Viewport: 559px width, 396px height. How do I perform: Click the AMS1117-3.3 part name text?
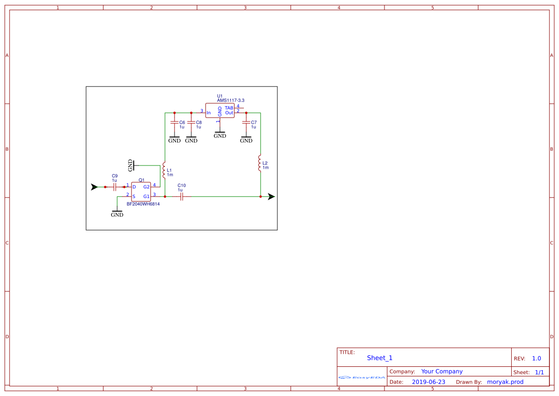pyautogui.click(x=230, y=100)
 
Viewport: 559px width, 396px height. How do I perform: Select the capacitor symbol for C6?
pyautogui.click(x=175, y=123)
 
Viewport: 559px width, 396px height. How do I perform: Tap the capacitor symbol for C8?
pyautogui.click(x=191, y=123)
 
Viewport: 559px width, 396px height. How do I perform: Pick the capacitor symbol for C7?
pyautogui.click(x=246, y=123)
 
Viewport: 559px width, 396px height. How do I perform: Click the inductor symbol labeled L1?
pyautogui.click(x=164, y=170)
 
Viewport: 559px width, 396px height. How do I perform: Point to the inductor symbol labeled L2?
pyautogui.click(x=260, y=164)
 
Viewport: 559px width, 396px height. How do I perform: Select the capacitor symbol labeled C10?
pyautogui.click(x=181, y=196)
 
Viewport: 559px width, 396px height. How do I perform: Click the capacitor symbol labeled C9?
pyautogui.click(x=115, y=187)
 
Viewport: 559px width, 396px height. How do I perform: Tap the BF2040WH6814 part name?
pyautogui.click(x=143, y=204)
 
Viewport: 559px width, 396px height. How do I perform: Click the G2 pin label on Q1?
pyautogui.click(x=146, y=187)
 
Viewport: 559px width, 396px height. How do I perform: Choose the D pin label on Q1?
pyautogui.click(x=134, y=187)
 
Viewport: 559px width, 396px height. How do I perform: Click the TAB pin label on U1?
pyautogui.click(x=229, y=108)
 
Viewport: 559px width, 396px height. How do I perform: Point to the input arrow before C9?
pyautogui.click(x=95, y=187)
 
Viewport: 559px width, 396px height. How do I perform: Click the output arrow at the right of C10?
pyautogui.click(x=271, y=196)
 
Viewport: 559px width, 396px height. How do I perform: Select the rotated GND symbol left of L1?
pyautogui.click(x=132, y=165)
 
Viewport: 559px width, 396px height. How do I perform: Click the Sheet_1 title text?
pyautogui.click(x=380, y=358)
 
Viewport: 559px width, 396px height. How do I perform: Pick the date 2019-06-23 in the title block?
pyautogui.click(x=428, y=382)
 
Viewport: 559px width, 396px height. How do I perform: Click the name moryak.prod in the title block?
pyautogui.click(x=505, y=382)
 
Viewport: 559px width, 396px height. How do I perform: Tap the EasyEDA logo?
pyautogui.click(x=362, y=377)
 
